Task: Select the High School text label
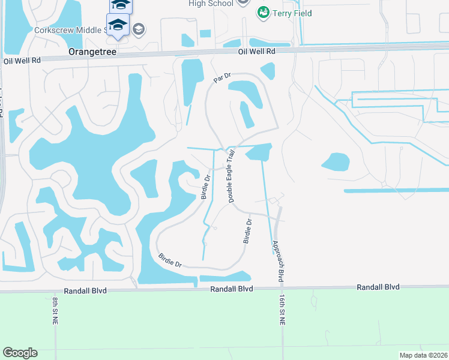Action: click(x=210, y=4)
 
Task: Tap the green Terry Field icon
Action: click(x=262, y=13)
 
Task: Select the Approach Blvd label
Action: click(x=277, y=262)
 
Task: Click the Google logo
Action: click(x=20, y=353)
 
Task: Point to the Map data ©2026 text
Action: click(x=423, y=355)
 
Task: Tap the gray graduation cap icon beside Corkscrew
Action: click(x=139, y=28)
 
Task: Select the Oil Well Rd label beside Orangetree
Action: click(x=22, y=61)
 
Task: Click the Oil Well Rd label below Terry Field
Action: click(x=256, y=52)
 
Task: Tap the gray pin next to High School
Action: click(x=243, y=2)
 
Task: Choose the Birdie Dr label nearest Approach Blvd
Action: click(x=248, y=230)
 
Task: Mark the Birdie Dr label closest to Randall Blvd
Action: click(x=170, y=260)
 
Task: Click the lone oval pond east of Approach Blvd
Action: click(x=335, y=161)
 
